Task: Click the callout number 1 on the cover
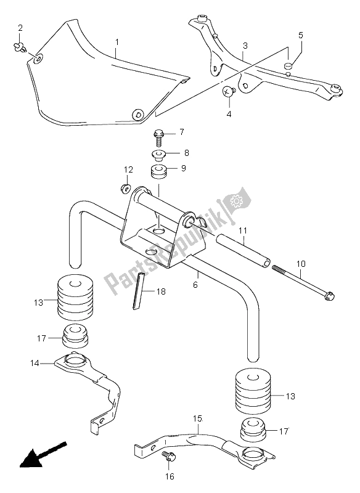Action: pyautogui.click(x=115, y=43)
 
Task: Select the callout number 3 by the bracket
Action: pyautogui.click(x=245, y=46)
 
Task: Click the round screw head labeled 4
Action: pyautogui.click(x=229, y=91)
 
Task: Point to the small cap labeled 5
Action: pyautogui.click(x=288, y=66)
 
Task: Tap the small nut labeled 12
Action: pyautogui.click(x=125, y=187)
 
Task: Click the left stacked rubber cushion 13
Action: pyautogui.click(x=75, y=299)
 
